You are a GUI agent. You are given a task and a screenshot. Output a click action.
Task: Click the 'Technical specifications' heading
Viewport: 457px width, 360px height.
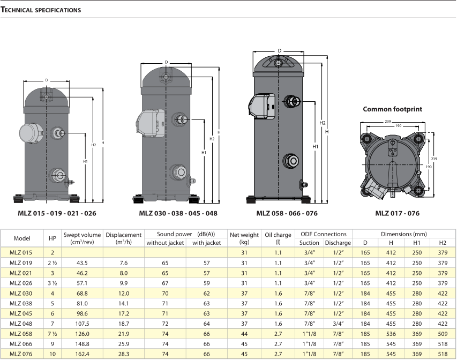click(42, 10)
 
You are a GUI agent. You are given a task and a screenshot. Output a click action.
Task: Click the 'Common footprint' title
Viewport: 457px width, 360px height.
click(392, 109)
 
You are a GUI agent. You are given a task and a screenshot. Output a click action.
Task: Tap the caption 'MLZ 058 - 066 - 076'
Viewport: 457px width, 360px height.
click(287, 213)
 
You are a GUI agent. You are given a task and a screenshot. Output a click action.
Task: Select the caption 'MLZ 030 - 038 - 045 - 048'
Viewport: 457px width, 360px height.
click(178, 213)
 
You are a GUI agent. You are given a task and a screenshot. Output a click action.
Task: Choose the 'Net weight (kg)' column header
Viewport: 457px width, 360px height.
click(244, 238)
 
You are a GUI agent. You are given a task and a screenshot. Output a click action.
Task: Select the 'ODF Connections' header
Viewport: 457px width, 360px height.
click(324, 234)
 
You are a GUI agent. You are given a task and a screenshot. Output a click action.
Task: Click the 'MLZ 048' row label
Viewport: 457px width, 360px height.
click(22, 323)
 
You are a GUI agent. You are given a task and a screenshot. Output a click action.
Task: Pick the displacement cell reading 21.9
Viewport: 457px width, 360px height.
click(123, 333)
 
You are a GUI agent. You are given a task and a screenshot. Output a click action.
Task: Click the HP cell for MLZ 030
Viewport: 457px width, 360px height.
click(53, 293)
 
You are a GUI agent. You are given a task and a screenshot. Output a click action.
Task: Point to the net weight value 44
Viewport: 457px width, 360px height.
click(244, 333)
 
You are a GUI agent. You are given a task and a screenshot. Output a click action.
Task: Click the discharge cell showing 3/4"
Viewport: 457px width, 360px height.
click(338, 323)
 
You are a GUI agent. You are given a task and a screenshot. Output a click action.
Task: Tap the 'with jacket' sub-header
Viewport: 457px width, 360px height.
click(206, 243)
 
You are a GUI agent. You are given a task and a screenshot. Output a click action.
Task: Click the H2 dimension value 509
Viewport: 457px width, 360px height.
click(442, 333)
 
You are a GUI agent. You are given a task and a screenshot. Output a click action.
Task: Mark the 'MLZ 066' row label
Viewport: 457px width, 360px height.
click(22, 343)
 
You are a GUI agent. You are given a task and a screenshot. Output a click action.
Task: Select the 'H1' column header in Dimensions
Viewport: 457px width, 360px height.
click(417, 243)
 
